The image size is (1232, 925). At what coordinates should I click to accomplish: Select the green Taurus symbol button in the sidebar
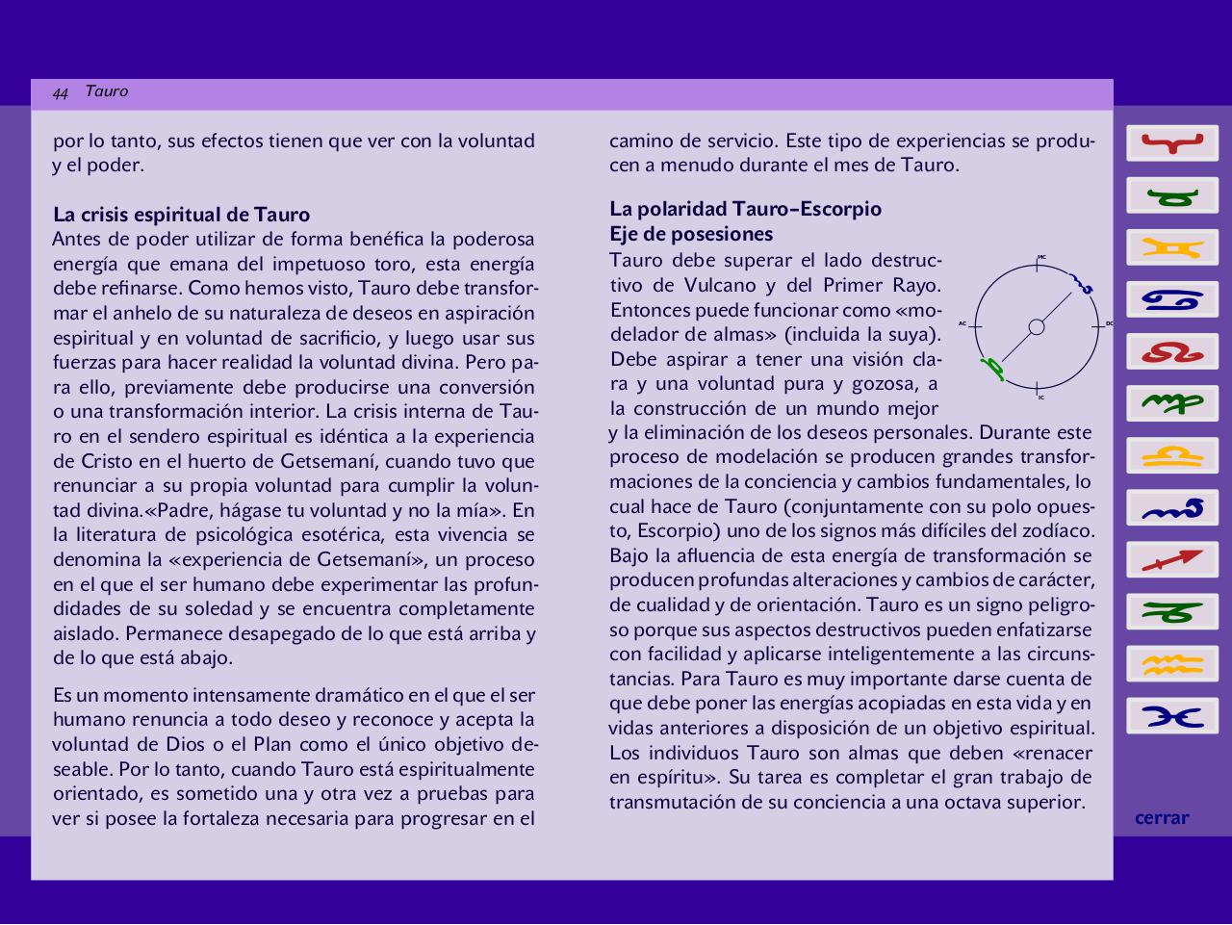click(1172, 196)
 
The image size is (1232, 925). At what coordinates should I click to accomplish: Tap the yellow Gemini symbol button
click(1172, 248)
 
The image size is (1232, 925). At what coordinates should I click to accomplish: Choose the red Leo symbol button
click(1172, 352)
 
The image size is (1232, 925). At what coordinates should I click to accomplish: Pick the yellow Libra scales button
click(1172, 456)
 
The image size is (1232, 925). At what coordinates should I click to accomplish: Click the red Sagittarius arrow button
click(1172, 560)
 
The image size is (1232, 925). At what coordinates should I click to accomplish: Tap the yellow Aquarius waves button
click(1172, 664)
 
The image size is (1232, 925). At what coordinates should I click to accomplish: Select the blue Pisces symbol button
click(1172, 716)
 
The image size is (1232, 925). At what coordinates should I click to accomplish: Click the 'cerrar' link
click(1162, 818)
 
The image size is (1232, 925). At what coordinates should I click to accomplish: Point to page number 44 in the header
click(61, 93)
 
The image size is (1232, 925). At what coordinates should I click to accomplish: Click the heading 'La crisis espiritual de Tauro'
click(182, 215)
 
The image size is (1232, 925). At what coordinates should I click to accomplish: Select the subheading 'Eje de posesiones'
click(691, 234)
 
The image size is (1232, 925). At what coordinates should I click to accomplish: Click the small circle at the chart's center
click(1037, 327)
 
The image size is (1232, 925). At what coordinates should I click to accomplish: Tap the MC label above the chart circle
click(1041, 257)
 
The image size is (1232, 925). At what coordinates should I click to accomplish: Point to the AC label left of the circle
click(962, 323)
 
